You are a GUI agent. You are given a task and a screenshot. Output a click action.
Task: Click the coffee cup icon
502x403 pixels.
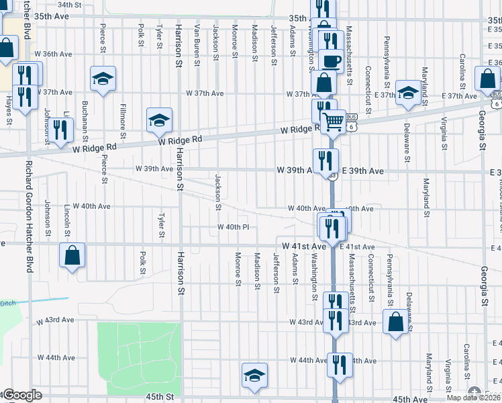pos(331,60)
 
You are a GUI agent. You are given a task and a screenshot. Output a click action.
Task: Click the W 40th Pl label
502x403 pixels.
pos(234,227)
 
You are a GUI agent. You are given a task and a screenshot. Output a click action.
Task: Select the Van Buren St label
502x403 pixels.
pos(197,44)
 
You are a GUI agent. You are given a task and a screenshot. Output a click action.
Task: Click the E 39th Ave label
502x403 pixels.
pos(363,171)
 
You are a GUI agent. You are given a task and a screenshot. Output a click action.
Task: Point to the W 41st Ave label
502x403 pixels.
pos(303,247)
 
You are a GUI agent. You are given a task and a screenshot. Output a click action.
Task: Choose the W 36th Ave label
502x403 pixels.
pos(53,54)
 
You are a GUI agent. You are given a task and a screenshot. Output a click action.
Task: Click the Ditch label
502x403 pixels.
pos(7,303)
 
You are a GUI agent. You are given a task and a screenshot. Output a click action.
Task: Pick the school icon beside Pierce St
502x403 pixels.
pos(103,79)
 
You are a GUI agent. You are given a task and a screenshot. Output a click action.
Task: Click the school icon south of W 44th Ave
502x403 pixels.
pos(254,375)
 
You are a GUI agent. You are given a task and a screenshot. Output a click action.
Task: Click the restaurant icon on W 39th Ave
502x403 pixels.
pos(326,161)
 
